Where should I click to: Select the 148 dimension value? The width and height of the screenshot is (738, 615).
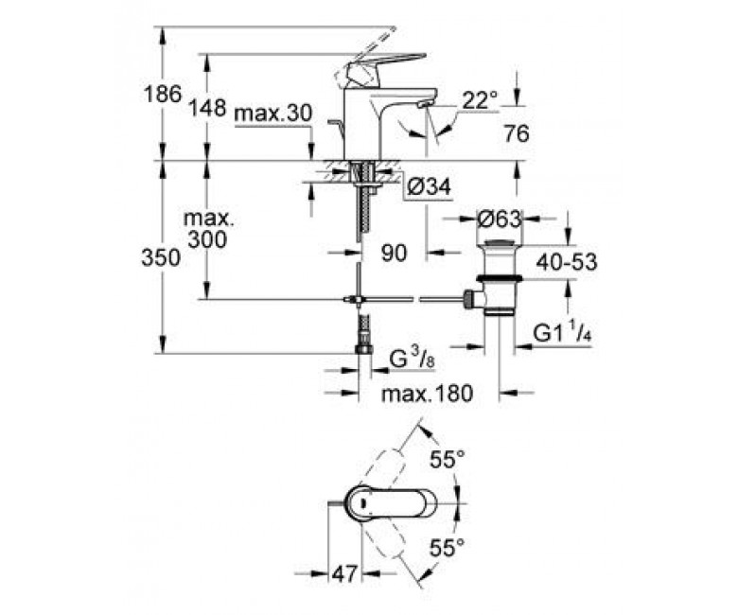(207, 108)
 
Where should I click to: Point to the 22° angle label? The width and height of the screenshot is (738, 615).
(481, 99)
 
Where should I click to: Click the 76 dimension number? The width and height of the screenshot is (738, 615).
(515, 133)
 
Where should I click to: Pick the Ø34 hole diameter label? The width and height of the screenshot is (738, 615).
(429, 188)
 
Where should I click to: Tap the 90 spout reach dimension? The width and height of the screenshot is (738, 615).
(395, 252)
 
